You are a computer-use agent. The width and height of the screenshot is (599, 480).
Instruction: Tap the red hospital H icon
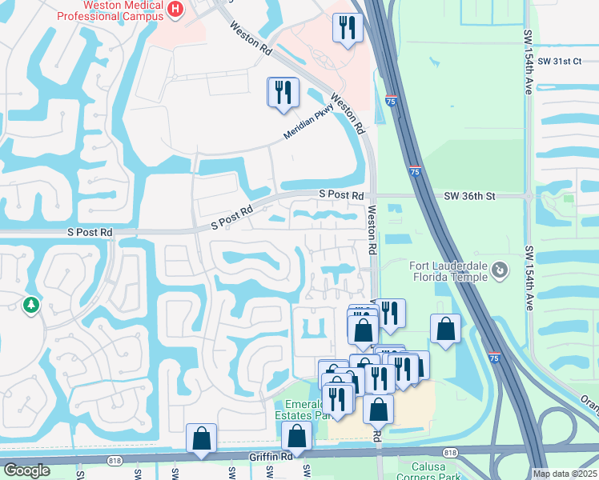176,9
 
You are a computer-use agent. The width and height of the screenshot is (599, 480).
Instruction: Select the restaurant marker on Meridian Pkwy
283,93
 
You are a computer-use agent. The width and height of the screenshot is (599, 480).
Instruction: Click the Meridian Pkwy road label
307,124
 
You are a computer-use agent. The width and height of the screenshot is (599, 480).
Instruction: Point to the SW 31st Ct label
560,61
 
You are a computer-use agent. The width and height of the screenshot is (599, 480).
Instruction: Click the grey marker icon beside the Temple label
501,270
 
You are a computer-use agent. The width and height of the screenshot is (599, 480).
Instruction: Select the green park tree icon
31,305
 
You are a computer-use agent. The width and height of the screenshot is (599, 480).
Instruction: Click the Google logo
26,470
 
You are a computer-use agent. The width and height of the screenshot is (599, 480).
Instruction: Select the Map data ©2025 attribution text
565,474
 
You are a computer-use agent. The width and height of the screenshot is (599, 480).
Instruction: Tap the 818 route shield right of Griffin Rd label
450,453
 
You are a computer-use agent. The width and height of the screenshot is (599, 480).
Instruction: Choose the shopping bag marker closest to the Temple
445,329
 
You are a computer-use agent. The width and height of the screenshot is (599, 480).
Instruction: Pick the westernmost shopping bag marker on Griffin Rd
201,438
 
